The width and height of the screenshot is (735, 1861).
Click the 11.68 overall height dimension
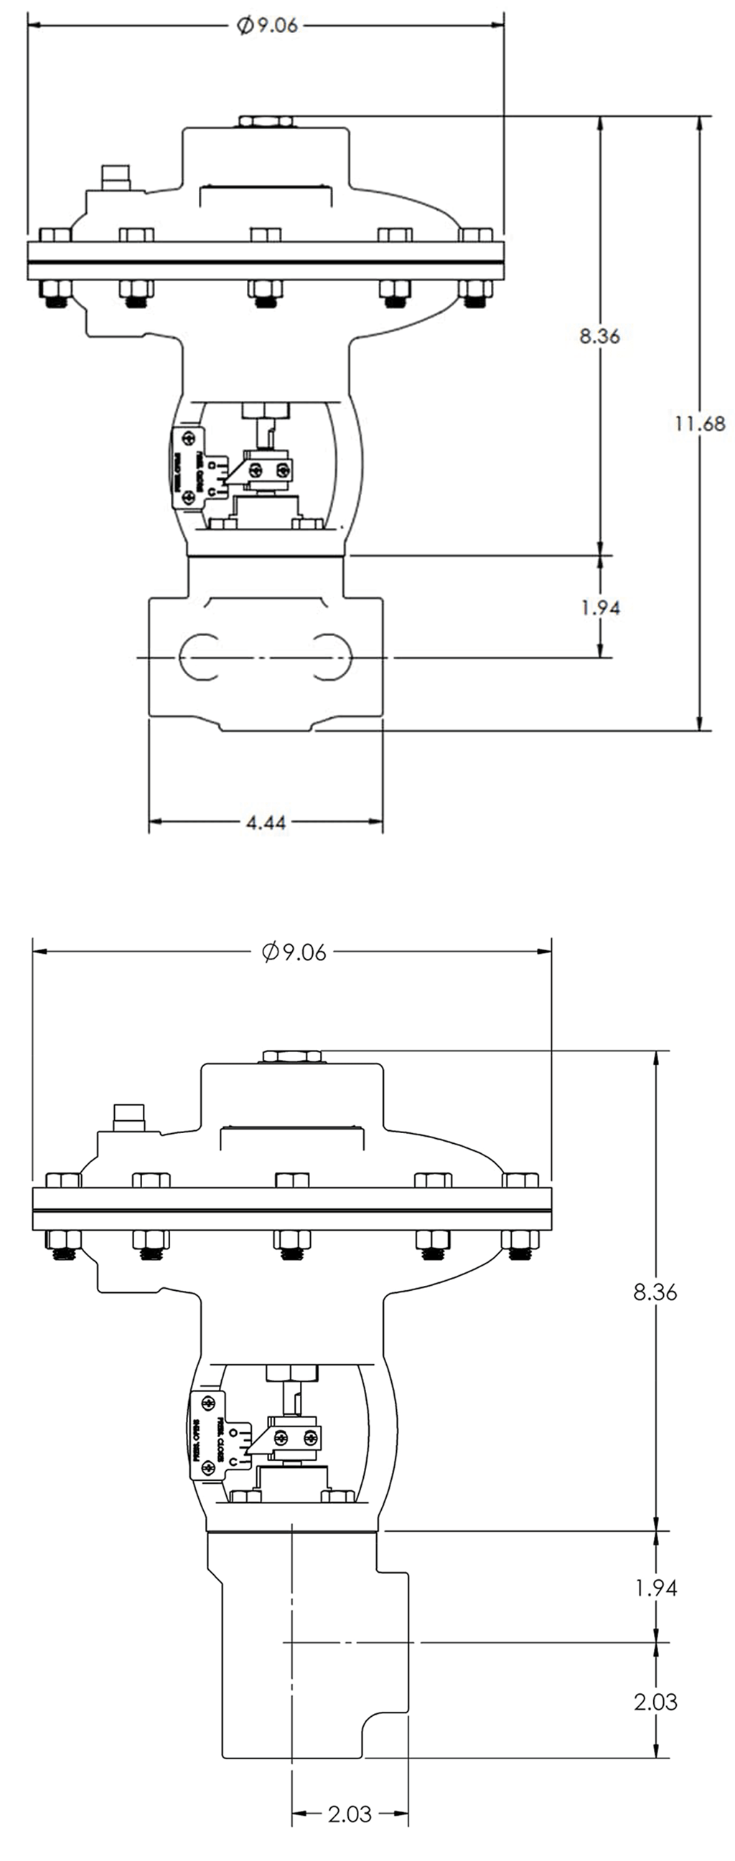tap(699, 423)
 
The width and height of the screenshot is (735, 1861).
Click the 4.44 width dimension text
tap(266, 822)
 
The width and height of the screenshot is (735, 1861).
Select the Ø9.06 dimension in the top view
tap(268, 25)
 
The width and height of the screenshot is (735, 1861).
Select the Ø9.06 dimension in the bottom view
tap(294, 952)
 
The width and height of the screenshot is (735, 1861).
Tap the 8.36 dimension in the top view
tap(599, 336)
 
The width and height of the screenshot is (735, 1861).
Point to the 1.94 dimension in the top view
tap(600, 607)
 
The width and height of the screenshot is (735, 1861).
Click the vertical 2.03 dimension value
tap(655, 1702)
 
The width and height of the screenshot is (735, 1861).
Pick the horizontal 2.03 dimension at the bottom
tap(350, 1814)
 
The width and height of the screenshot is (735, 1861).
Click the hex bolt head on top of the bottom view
tap(292, 1056)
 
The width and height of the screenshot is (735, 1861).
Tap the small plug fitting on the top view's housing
tap(116, 177)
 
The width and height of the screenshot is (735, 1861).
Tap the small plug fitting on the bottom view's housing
tap(129, 1117)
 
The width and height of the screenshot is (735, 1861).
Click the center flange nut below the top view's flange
tap(266, 293)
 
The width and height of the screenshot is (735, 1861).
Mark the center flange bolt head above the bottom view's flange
tap(292, 1180)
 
